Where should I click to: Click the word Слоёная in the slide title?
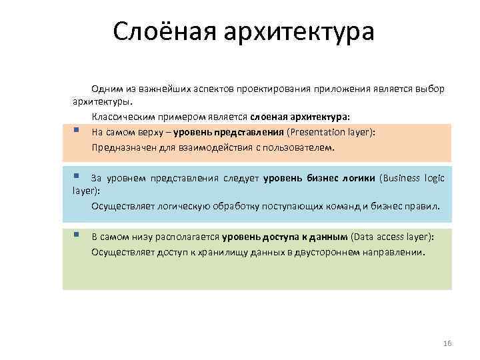163,32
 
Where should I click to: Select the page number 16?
447,343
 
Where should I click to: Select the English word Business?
404,178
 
